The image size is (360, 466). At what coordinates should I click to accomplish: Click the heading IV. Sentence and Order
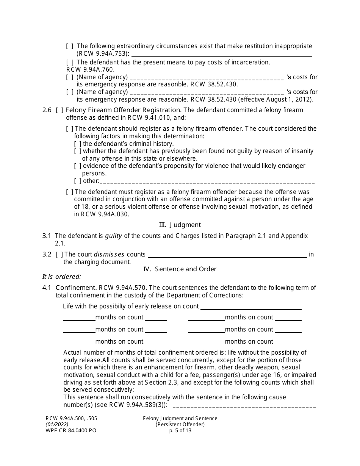(180, 269)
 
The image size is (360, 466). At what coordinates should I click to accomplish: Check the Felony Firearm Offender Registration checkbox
(59, 110)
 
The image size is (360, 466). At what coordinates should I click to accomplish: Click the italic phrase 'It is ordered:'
(61, 277)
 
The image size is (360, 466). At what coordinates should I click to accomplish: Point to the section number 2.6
(47, 110)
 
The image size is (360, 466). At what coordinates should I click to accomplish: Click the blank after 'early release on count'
(250, 306)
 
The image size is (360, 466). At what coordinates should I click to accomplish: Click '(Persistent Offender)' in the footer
(180, 424)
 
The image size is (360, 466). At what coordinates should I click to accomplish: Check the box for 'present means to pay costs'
(70, 62)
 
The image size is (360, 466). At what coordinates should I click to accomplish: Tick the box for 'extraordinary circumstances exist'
(70, 46)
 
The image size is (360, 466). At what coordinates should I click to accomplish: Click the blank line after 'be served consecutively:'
(225, 390)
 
